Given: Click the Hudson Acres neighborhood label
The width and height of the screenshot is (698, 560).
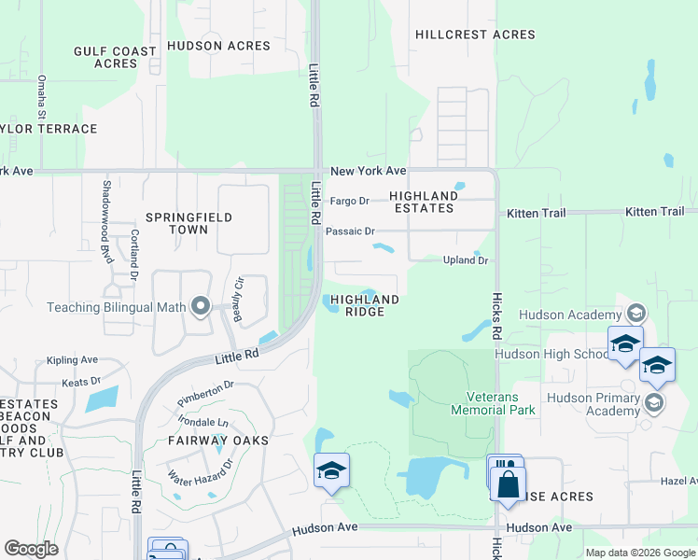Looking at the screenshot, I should click(206, 45).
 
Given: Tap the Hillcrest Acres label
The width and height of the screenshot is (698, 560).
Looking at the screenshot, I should click(475, 35).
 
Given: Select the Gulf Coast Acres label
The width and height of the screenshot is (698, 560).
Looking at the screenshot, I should click(115, 57).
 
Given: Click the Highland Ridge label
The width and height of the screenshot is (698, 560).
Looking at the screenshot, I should click(365, 305).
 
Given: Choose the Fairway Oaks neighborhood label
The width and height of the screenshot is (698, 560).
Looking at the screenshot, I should click(218, 440).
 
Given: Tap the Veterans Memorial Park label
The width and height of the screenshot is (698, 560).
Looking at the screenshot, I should click(492, 403).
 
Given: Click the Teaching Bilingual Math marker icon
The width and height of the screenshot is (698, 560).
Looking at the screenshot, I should click(200, 306).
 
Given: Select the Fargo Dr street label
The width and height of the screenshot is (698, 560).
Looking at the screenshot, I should click(351, 201).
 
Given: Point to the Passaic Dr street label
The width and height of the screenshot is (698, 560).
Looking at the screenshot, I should click(356, 231).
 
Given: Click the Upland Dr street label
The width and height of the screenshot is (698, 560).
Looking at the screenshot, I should click(465, 260).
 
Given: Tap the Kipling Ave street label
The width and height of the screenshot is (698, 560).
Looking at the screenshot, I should click(73, 360).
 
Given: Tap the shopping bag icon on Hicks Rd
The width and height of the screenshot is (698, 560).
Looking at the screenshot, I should click(508, 483).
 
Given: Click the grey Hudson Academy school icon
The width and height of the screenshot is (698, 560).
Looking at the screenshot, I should click(636, 312).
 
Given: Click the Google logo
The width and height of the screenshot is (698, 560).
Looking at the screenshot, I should click(32, 549).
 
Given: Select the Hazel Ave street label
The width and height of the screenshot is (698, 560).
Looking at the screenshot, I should click(678, 480).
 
